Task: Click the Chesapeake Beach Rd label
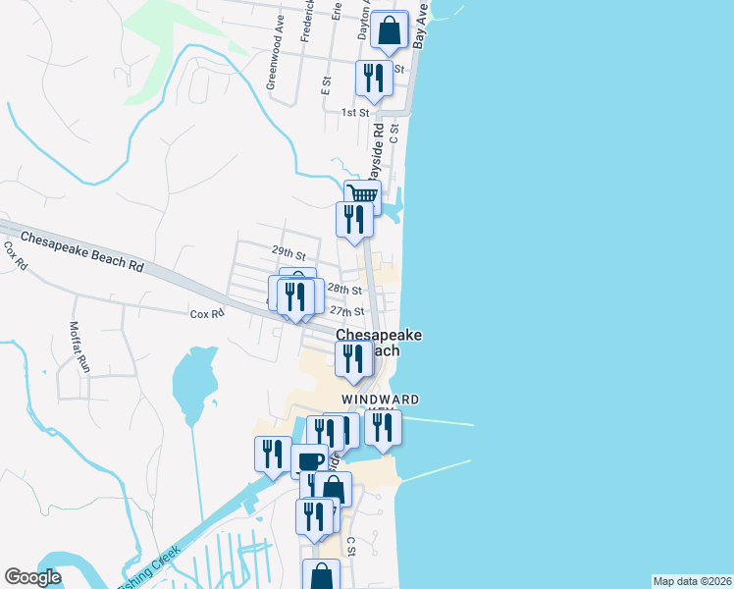pyautogui.click(x=81, y=252)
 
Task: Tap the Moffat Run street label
pyautogui.click(x=79, y=348)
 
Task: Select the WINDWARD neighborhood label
pyautogui.click(x=381, y=400)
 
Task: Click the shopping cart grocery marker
pyautogui.click(x=363, y=195)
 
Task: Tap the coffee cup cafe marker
pyautogui.click(x=309, y=461)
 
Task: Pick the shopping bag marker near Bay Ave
pyautogui.click(x=390, y=31)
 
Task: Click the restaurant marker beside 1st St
pyautogui.click(x=373, y=80)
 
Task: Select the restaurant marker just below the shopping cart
pyautogui.click(x=354, y=220)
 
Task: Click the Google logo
pyautogui.click(x=32, y=577)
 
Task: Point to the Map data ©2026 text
pyautogui.click(x=692, y=581)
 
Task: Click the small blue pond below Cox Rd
pyautogui.click(x=193, y=383)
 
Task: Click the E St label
pyautogui.click(x=326, y=85)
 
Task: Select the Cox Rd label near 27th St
pyautogui.click(x=207, y=314)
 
